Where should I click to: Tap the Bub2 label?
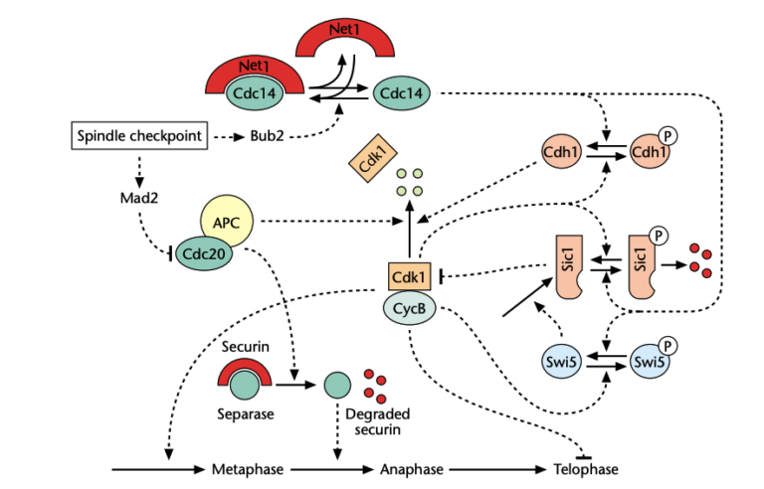(x=267, y=136)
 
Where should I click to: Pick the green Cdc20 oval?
(x=207, y=253)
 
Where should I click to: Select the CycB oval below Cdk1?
(x=409, y=309)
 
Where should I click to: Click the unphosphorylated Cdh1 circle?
(x=563, y=153)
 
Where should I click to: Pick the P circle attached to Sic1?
(x=658, y=236)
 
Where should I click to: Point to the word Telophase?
(x=585, y=468)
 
